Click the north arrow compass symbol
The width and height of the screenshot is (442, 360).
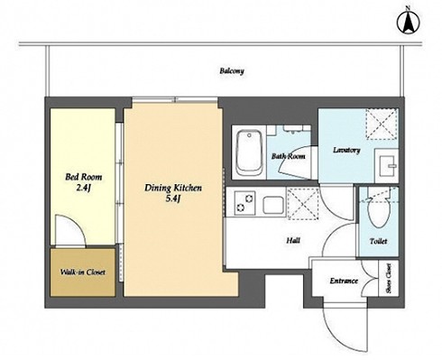pyautogui.click(x=408, y=22)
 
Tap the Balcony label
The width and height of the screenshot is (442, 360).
pyautogui.click(x=232, y=71)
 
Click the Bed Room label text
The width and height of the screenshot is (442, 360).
pyautogui.click(x=83, y=177)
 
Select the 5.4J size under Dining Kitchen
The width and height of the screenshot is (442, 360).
pyautogui.click(x=173, y=198)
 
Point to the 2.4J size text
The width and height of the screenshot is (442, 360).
pyautogui.click(x=83, y=188)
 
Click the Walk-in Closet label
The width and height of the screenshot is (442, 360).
pyautogui.click(x=83, y=272)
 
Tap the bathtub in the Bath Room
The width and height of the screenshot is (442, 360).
pyautogui.click(x=249, y=152)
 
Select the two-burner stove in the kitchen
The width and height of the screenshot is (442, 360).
pyautogui.click(x=244, y=203)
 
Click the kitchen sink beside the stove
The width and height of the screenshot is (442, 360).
pyautogui.click(x=273, y=205)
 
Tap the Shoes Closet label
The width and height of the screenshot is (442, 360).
pyautogui.click(x=389, y=279)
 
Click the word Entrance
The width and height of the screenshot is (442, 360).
pyautogui.click(x=344, y=281)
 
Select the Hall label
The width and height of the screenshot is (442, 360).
pyautogui.click(x=293, y=241)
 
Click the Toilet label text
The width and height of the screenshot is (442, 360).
pyautogui.click(x=378, y=241)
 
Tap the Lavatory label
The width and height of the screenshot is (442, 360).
pyautogui.click(x=346, y=150)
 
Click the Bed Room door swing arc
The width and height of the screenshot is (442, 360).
pyautogui.click(x=78, y=223)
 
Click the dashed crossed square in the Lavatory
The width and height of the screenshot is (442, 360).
pyautogui.click(x=382, y=125)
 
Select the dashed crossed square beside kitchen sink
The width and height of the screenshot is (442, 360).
pyautogui.click(x=303, y=204)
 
